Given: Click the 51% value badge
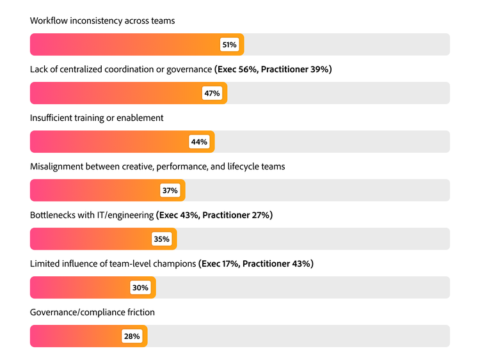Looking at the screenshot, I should [x=229, y=45].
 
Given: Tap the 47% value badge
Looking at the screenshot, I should [x=212, y=93].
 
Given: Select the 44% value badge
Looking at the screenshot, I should [x=199, y=142].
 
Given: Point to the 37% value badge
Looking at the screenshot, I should [x=170, y=191].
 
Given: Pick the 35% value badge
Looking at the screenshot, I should [x=161, y=239].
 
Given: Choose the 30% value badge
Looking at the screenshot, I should [x=140, y=288].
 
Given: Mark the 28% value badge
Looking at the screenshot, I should [x=132, y=336].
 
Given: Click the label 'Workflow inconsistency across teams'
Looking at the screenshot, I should [x=102, y=20].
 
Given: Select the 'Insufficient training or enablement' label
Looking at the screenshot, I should [x=97, y=118].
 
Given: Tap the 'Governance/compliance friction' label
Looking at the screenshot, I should [x=92, y=312].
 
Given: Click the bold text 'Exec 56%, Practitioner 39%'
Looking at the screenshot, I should [x=273, y=69].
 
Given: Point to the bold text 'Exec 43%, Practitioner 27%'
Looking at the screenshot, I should [x=214, y=215].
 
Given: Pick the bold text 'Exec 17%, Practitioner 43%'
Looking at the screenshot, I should [x=256, y=263].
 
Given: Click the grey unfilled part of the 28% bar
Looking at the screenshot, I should [x=298, y=336].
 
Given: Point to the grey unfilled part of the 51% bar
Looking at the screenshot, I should [x=346, y=45].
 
